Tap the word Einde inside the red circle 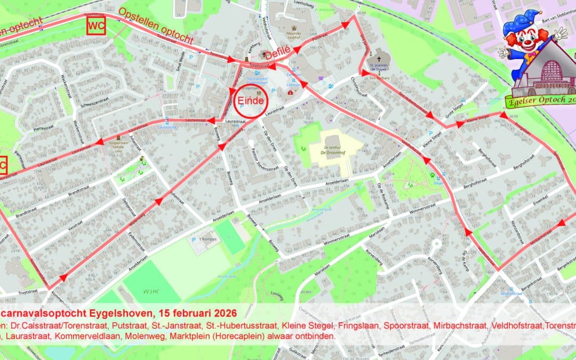tap(251, 101)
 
